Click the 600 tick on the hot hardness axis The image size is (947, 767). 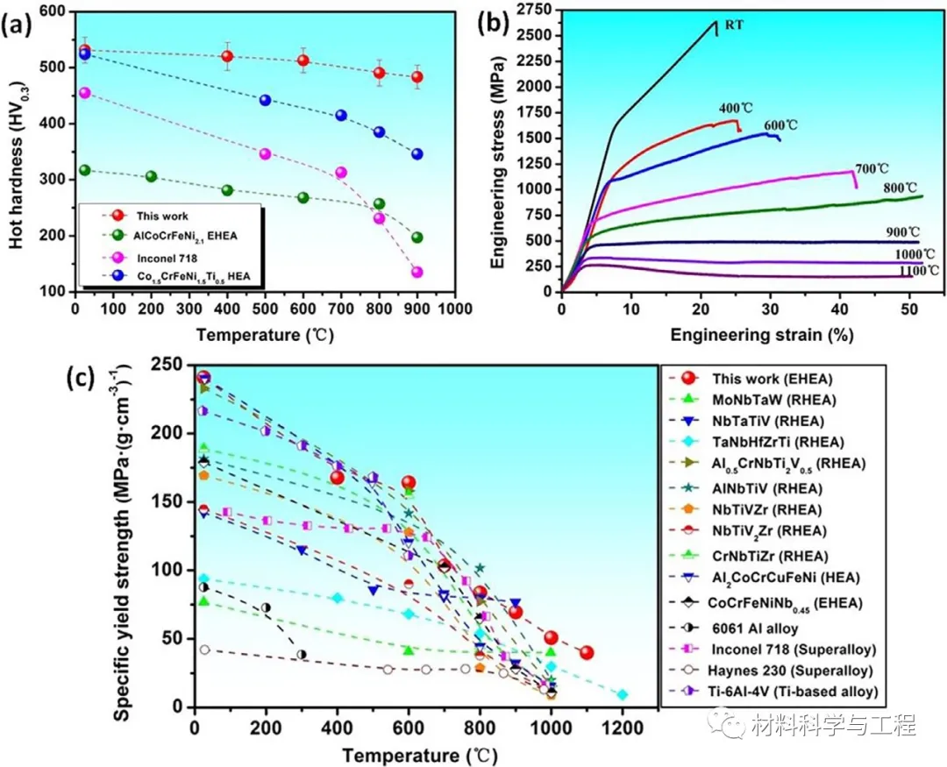(x=53, y=11)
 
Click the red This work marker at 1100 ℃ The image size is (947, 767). (x=587, y=653)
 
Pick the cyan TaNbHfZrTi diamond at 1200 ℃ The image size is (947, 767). (x=623, y=695)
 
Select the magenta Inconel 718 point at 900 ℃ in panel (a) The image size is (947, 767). (x=417, y=272)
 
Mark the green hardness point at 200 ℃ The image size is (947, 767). (x=151, y=176)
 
